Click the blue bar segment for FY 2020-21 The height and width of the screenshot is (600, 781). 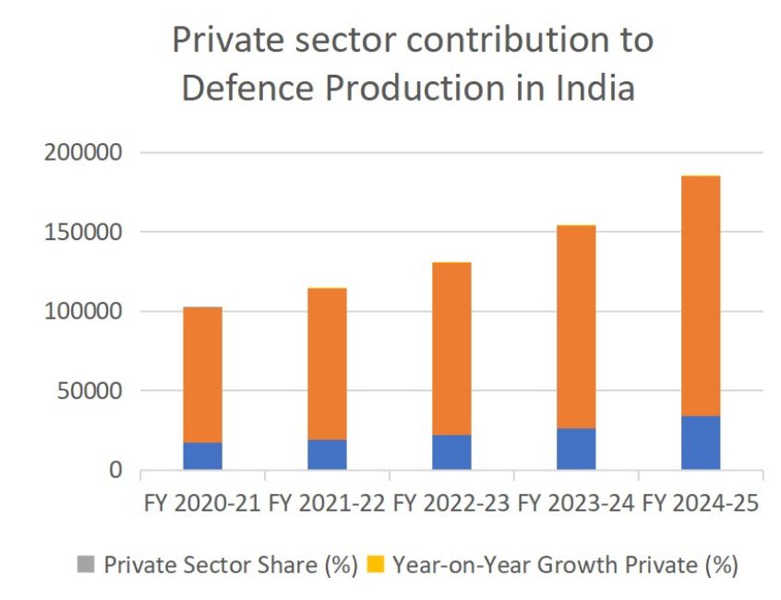point(202,456)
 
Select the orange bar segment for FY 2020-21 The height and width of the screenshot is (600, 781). point(202,375)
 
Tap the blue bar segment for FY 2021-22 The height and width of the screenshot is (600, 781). point(327,454)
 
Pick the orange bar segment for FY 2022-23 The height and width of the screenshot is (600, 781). point(451,349)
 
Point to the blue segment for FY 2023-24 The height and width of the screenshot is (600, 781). point(576,449)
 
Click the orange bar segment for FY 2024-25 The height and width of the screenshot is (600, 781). point(701,295)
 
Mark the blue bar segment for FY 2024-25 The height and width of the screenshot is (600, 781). point(701,443)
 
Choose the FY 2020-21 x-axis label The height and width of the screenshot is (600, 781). point(202,505)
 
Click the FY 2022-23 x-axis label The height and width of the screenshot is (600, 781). point(451,505)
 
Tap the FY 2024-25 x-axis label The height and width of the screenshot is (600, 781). point(701,505)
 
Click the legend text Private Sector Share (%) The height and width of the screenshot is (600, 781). point(230,565)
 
